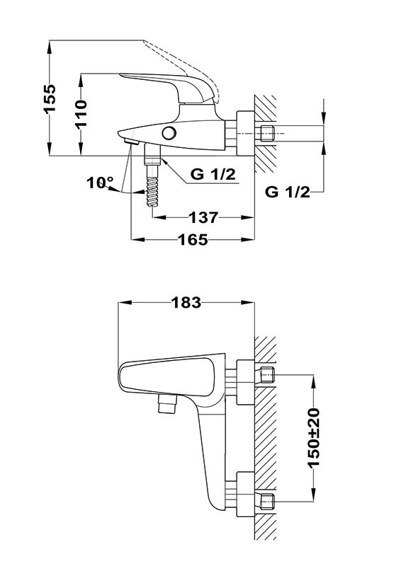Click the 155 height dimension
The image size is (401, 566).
[x=50, y=98]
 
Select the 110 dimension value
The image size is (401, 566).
[x=81, y=114]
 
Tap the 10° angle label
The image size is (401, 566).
[x=100, y=183]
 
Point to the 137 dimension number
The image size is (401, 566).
[x=204, y=217]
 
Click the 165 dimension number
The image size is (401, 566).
[x=193, y=239]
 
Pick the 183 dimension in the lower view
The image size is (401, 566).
[x=186, y=303]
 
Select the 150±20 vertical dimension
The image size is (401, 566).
[x=314, y=437]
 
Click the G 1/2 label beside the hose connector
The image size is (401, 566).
[x=213, y=174]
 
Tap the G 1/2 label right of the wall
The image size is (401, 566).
[x=288, y=192]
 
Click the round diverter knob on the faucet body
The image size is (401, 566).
[x=169, y=133]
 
